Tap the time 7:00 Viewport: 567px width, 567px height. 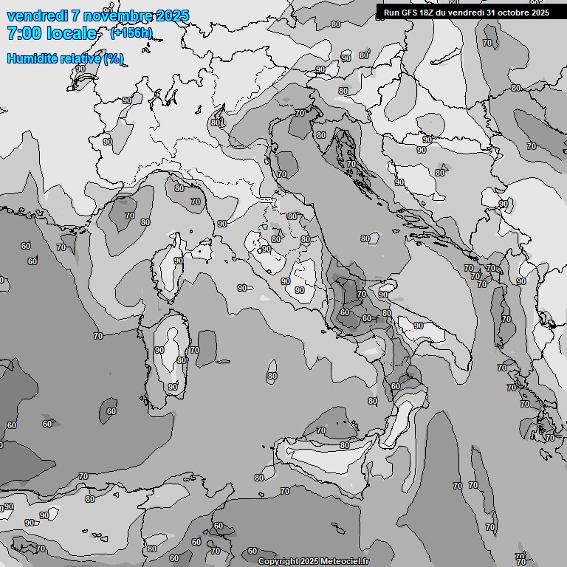click(x=24, y=33)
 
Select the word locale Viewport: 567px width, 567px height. click(x=70, y=33)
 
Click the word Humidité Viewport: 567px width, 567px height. click(x=30, y=58)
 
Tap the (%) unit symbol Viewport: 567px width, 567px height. click(x=114, y=58)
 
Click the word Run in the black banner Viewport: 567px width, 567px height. click(x=391, y=12)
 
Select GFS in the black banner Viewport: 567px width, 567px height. click(x=409, y=12)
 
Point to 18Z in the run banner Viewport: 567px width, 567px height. click(x=427, y=12)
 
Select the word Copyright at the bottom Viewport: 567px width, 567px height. click(x=278, y=562)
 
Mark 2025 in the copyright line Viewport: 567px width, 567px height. click(x=310, y=562)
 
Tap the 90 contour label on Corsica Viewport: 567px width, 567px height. click(x=178, y=261)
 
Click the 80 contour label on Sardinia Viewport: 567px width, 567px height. click(x=182, y=360)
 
